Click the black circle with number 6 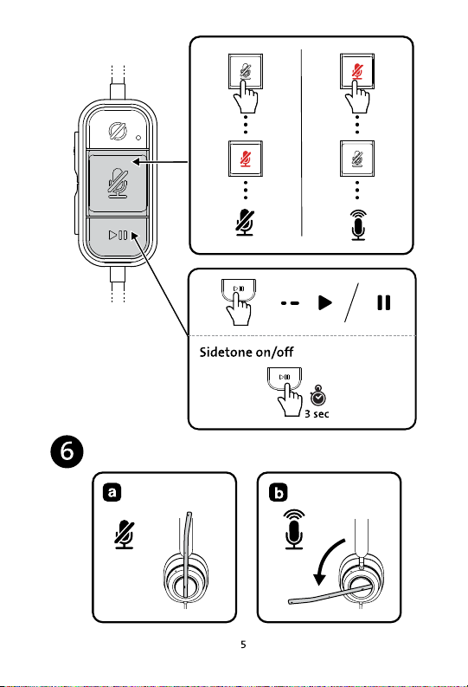click(67, 451)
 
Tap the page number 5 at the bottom click(243, 645)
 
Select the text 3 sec click(317, 413)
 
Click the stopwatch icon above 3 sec click(318, 395)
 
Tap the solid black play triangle click(325, 302)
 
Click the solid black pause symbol click(383, 302)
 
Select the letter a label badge click(112, 492)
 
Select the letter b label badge click(279, 492)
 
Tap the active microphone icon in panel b click(294, 528)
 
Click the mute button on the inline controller click(118, 183)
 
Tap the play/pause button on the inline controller click(118, 236)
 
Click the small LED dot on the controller click(138, 138)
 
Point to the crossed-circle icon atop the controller click(118, 132)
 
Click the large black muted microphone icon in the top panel click(245, 223)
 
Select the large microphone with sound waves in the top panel click(358, 224)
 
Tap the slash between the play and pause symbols click(351, 302)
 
